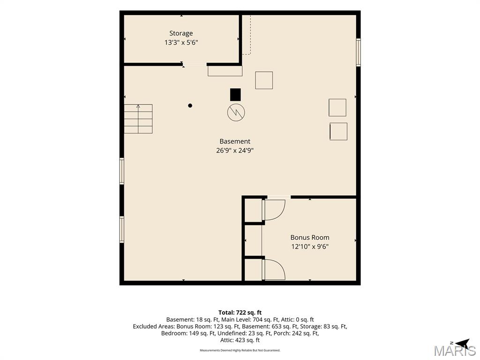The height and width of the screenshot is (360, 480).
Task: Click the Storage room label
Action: pyautogui.click(x=181, y=33)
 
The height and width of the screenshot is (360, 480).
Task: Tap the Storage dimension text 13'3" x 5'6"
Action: pyautogui.click(x=181, y=43)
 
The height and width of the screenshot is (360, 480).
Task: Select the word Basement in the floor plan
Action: pyautogui.click(x=235, y=141)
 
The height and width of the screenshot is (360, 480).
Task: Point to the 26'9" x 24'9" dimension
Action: pyautogui.click(x=235, y=150)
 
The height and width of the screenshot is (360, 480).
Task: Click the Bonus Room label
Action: pyautogui.click(x=310, y=238)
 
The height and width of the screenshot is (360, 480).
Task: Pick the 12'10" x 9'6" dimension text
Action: pyautogui.click(x=310, y=247)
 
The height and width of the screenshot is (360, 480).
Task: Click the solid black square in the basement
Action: pyautogui.click(x=235, y=95)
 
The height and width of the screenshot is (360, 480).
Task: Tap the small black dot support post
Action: pyautogui.click(x=190, y=105)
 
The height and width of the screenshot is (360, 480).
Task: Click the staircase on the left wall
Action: pyautogui.click(x=138, y=119)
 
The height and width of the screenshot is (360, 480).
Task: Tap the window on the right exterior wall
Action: pyautogui.click(x=358, y=52)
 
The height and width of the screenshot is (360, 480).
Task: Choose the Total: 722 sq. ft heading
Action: pyautogui.click(x=240, y=313)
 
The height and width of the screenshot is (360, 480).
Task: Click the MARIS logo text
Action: pyautogui.click(x=455, y=351)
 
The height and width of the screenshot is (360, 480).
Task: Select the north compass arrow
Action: pyautogui.click(x=462, y=343)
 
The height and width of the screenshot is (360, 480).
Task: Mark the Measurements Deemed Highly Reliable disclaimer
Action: pyautogui.click(x=240, y=350)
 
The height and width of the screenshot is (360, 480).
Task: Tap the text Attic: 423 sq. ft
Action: pyautogui.click(x=240, y=340)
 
